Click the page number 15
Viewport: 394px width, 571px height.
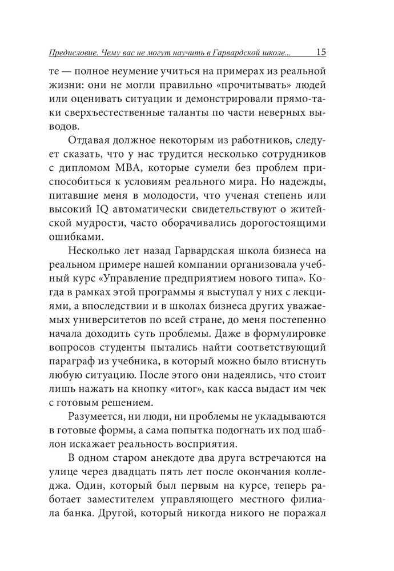[320, 52]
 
